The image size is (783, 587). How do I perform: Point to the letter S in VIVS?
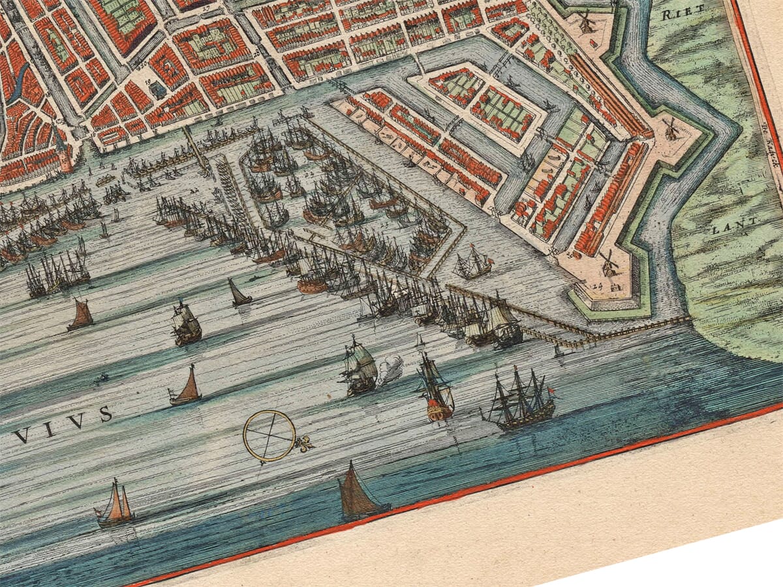click(x=105, y=414)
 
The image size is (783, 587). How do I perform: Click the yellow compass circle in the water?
click(x=269, y=435)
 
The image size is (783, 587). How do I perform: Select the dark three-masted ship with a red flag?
click(x=522, y=400)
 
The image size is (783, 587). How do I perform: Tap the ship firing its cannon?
click(x=359, y=369)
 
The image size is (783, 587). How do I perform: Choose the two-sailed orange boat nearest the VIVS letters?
click(x=115, y=505)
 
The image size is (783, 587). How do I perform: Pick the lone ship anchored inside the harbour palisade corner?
click(x=474, y=262)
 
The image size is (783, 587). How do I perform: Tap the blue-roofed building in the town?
click(x=159, y=90)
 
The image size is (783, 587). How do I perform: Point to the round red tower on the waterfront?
click(x=66, y=160)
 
